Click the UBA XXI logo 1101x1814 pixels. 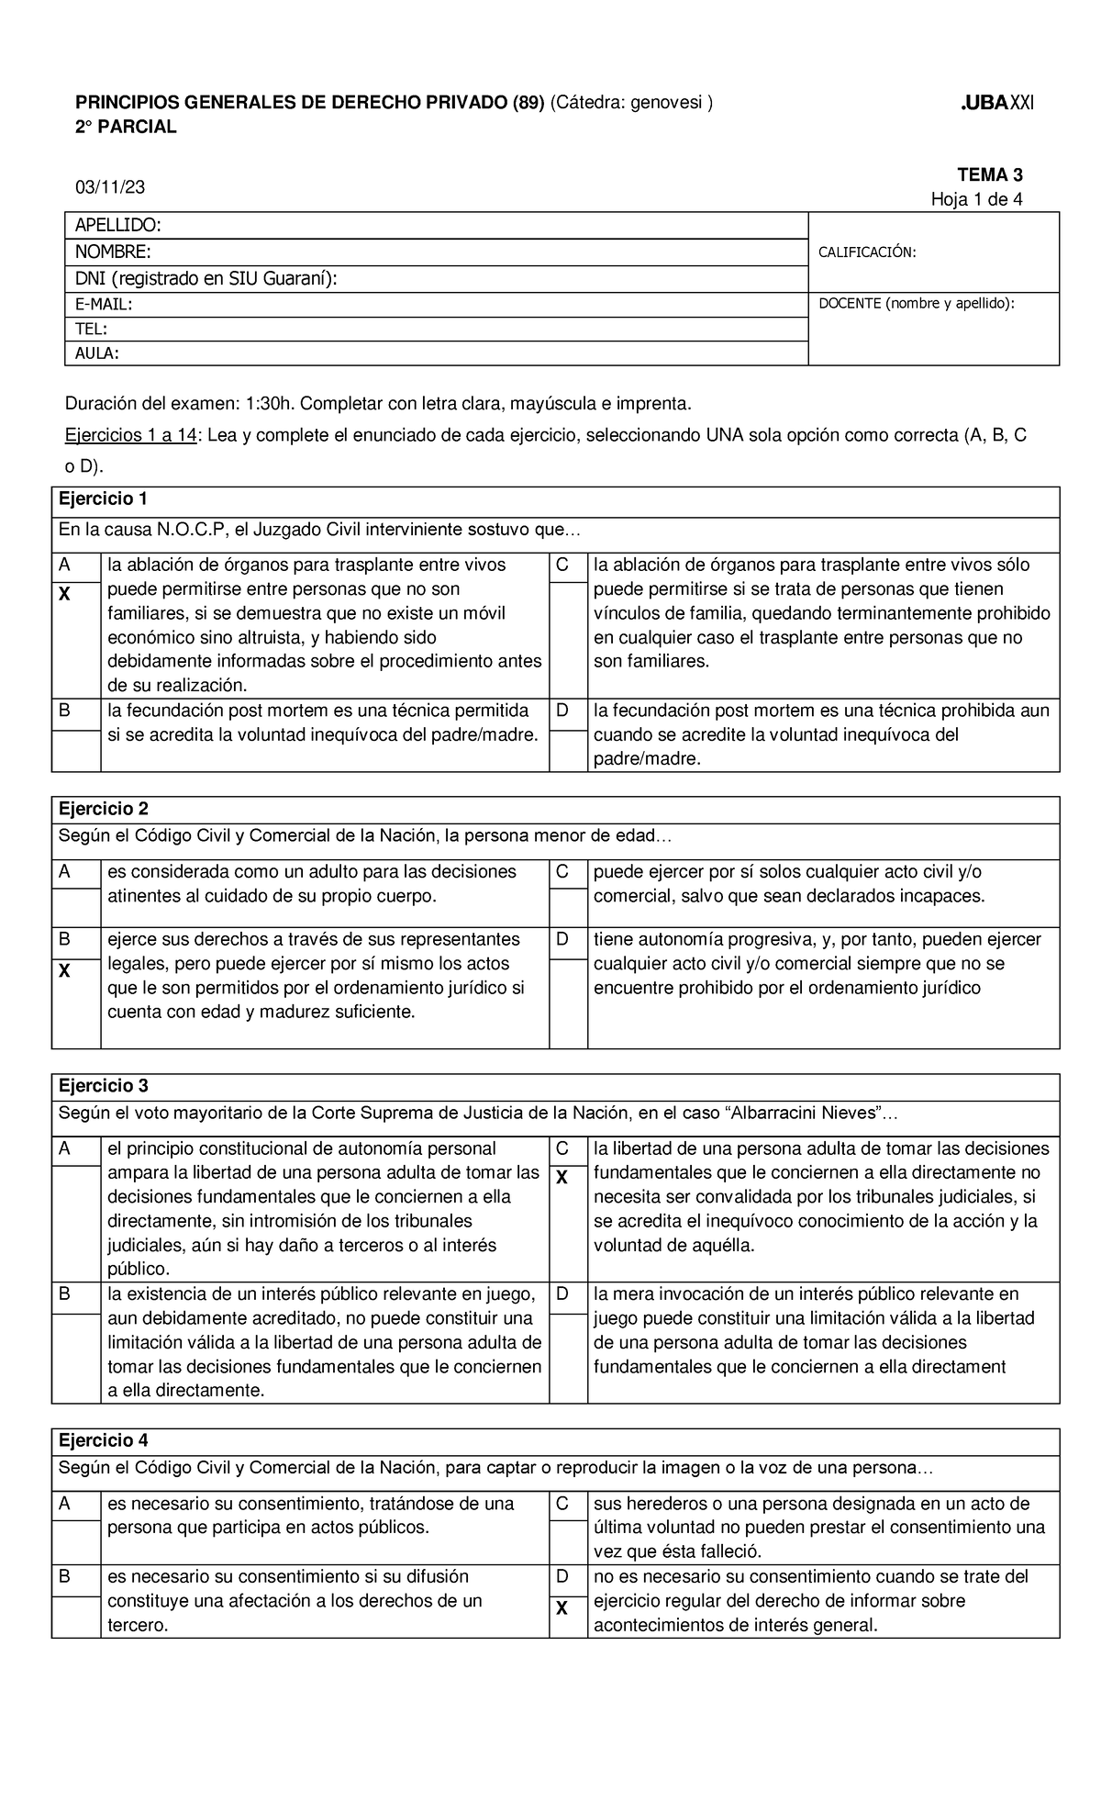coord(996,102)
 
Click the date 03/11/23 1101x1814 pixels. coord(109,187)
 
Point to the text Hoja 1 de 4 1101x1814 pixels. coord(976,199)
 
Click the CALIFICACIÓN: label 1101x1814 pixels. coord(867,252)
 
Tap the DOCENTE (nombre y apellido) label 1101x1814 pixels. coord(917,303)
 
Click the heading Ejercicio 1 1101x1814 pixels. coord(102,499)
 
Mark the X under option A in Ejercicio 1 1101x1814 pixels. coord(64,595)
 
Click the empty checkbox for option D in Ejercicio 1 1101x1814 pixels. coord(568,750)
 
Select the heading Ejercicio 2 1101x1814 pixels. coord(103,809)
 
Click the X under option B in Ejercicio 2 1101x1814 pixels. coord(64,970)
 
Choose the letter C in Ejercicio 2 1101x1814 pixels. coord(562,871)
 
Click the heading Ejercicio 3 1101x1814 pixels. coord(103,1086)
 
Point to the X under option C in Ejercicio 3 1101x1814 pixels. coord(562,1178)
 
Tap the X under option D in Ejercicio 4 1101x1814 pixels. coord(562,1608)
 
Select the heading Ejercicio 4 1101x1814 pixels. coord(103,1439)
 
